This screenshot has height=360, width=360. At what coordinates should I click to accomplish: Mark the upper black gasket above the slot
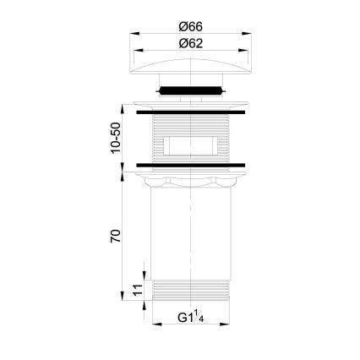[x=190, y=110]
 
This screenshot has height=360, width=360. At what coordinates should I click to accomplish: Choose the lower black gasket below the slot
[x=190, y=163]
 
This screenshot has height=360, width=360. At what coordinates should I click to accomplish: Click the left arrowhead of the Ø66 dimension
[x=134, y=35]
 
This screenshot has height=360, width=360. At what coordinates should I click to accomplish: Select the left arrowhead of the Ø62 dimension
[x=138, y=52]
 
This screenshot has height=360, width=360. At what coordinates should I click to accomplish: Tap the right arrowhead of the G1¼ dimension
[x=227, y=327]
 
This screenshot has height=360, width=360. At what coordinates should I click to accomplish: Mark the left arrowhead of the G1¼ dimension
[x=155, y=327]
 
